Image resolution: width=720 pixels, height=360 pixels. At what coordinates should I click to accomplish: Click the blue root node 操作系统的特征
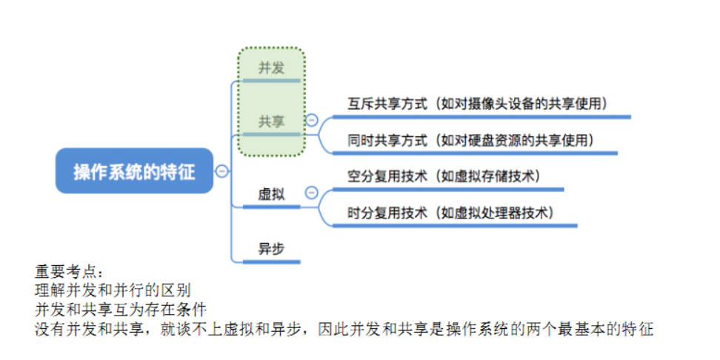click(134, 171)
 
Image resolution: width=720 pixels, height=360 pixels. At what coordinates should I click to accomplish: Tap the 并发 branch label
click(271, 68)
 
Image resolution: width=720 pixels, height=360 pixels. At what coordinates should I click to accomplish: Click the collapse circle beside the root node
click(221, 171)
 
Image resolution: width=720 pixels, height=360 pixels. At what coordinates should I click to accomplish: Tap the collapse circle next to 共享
click(312, 120)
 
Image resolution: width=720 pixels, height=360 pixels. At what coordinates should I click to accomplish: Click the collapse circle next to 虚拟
click(312, 193)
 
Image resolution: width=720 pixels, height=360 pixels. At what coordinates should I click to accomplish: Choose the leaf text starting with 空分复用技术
click(445, 176)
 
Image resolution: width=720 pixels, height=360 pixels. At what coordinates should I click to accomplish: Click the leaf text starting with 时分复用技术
click(452, 213)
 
